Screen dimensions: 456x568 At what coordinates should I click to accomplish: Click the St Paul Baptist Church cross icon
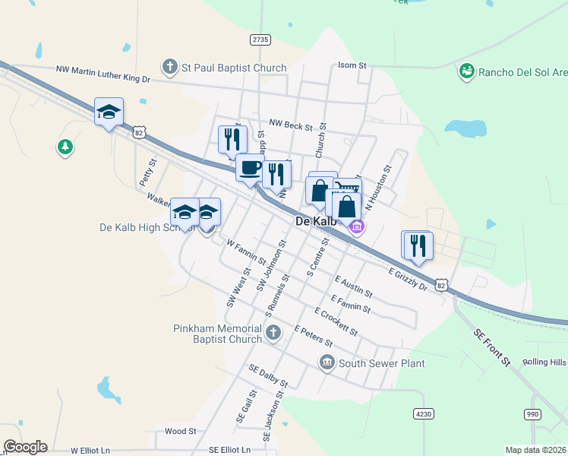[x=170, y=68]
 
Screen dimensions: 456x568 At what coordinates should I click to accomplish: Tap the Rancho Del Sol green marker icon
[x=467, y=72]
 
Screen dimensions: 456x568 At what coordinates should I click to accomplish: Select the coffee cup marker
[x=249, y=169]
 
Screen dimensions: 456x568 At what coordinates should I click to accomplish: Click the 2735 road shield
[x=260, y=40]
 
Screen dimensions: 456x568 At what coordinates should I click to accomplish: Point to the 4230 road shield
[x=424, y=413]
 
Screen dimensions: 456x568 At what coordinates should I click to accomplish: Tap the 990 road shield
[x=533, y=413]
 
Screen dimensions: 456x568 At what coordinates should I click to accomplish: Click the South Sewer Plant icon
[x=327, y=363]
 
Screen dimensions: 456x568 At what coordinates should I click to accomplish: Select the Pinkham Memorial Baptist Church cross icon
[x=273, y=332]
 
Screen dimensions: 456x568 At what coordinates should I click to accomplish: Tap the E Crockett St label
[x=336, y=321]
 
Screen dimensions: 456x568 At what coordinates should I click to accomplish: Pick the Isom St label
[x=352, y=66]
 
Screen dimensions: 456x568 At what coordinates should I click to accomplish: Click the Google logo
[x=25, y=447]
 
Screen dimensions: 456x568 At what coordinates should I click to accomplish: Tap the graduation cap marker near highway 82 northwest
[x=109, y=112]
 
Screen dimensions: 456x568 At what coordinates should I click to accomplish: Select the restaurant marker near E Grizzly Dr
[x=418, y=245]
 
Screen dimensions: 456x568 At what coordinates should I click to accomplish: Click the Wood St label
[x=180, y=431]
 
